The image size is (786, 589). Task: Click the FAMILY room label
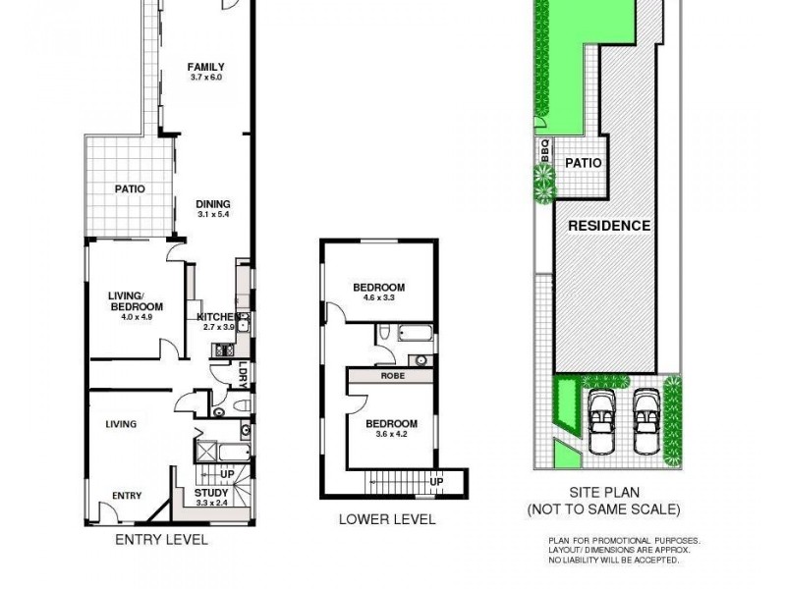point(213,68)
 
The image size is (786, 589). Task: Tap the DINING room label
point(213,204)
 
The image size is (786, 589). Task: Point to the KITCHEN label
point(218,316)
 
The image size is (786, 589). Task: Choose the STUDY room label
point(211,493)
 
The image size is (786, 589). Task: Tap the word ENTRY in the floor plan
point(127,495)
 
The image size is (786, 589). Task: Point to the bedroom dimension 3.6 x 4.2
point(391,433)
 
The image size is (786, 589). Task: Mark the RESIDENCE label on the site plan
point(610,225)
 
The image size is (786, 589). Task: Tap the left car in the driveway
point(601,421)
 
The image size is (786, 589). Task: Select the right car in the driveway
point(646,421)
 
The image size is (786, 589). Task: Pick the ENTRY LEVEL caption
point(161,540)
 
